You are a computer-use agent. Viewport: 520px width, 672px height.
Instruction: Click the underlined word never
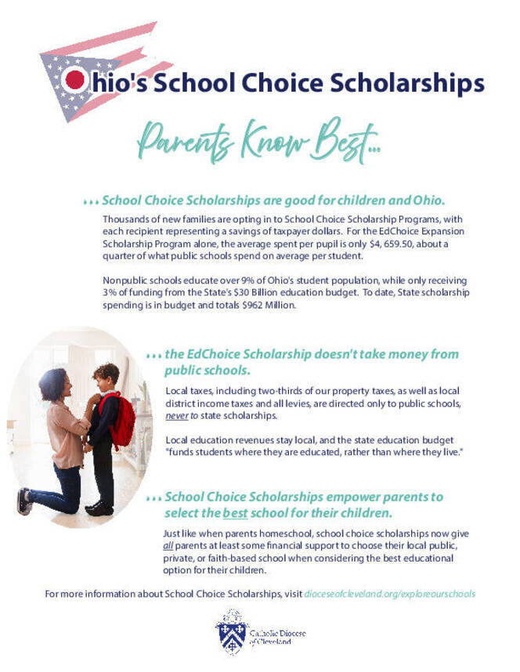[x=176, y=416]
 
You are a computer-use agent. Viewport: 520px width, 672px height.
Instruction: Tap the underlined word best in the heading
[x=234, y=513]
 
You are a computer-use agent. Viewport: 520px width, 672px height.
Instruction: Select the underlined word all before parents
[x=168, y=545]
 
